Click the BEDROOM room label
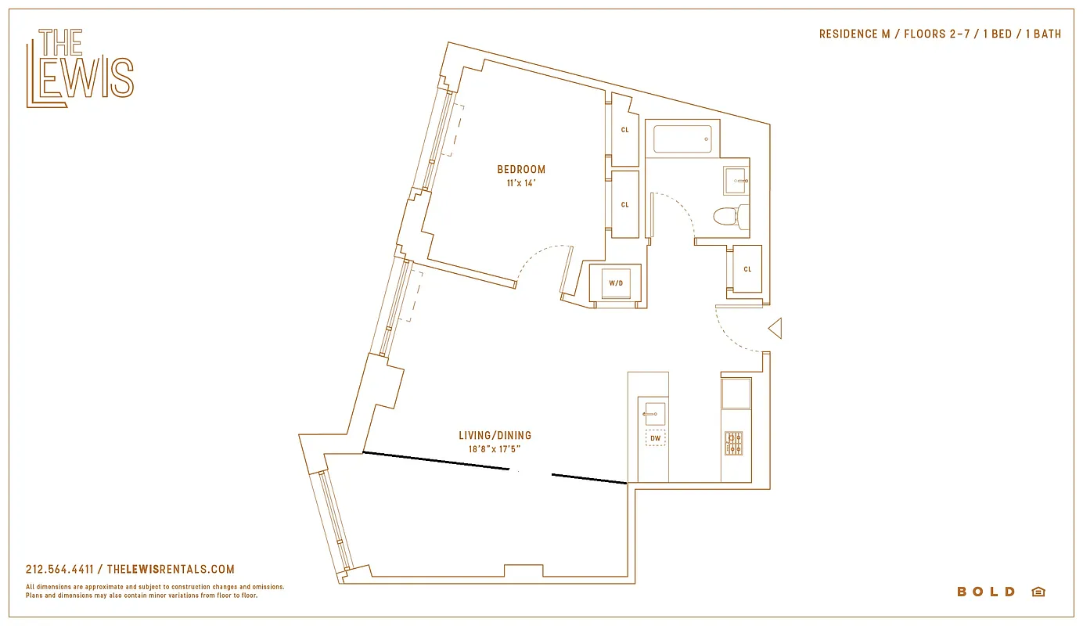(x=521, y=169)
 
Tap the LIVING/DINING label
(x=495, y=435)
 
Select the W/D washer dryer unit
(x=616, y=282)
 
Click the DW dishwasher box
(x=655, y=438)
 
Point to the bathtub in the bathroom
(x=682, y=139)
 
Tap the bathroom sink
(x=736, y=180)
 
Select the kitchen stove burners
(x=733, y=443)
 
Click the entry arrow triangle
(x=775, y=329)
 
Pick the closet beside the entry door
(x=747, y=269)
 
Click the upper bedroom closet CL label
(x=624, y=130)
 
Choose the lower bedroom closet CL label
(x=624, y=205)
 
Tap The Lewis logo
(x=80, y=68)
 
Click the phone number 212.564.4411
(x=59, y=570)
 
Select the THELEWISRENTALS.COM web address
(x=170, y=570)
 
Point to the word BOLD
(x=986, y=592)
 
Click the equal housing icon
(x=1038, y=592)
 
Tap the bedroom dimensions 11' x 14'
(x=521, y=183)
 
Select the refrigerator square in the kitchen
(x=736, y=393)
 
